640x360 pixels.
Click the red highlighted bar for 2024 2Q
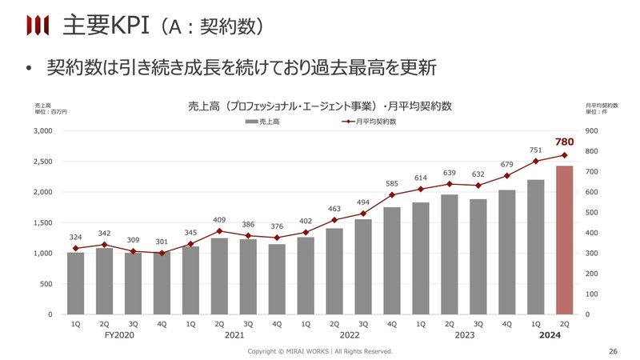[x=564, y=240]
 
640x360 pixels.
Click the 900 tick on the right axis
[x=593, y=130]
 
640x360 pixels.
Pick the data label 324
[x=75, y=236]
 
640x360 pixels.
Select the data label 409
[x=219, y=219]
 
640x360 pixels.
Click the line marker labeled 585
[x=392, y=194]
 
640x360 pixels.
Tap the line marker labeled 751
[x=536, y=161]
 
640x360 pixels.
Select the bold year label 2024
[x=550, y=336]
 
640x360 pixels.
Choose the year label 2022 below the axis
[x=349, y=336]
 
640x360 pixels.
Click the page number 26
[x=614, y=351]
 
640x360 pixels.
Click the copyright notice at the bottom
[x=320, y=351]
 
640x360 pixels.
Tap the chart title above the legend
[x=320, y=106]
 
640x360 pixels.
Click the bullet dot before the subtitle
[x=27, y=69]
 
